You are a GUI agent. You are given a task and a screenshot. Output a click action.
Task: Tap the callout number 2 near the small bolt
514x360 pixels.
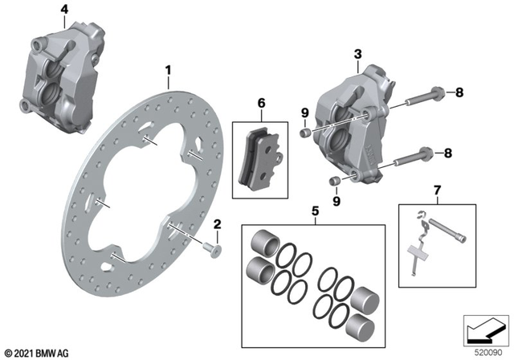217,224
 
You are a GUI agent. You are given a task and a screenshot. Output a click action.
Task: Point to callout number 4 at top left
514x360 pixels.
64,9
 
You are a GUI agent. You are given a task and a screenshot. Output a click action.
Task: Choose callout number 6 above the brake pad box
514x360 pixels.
260,103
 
